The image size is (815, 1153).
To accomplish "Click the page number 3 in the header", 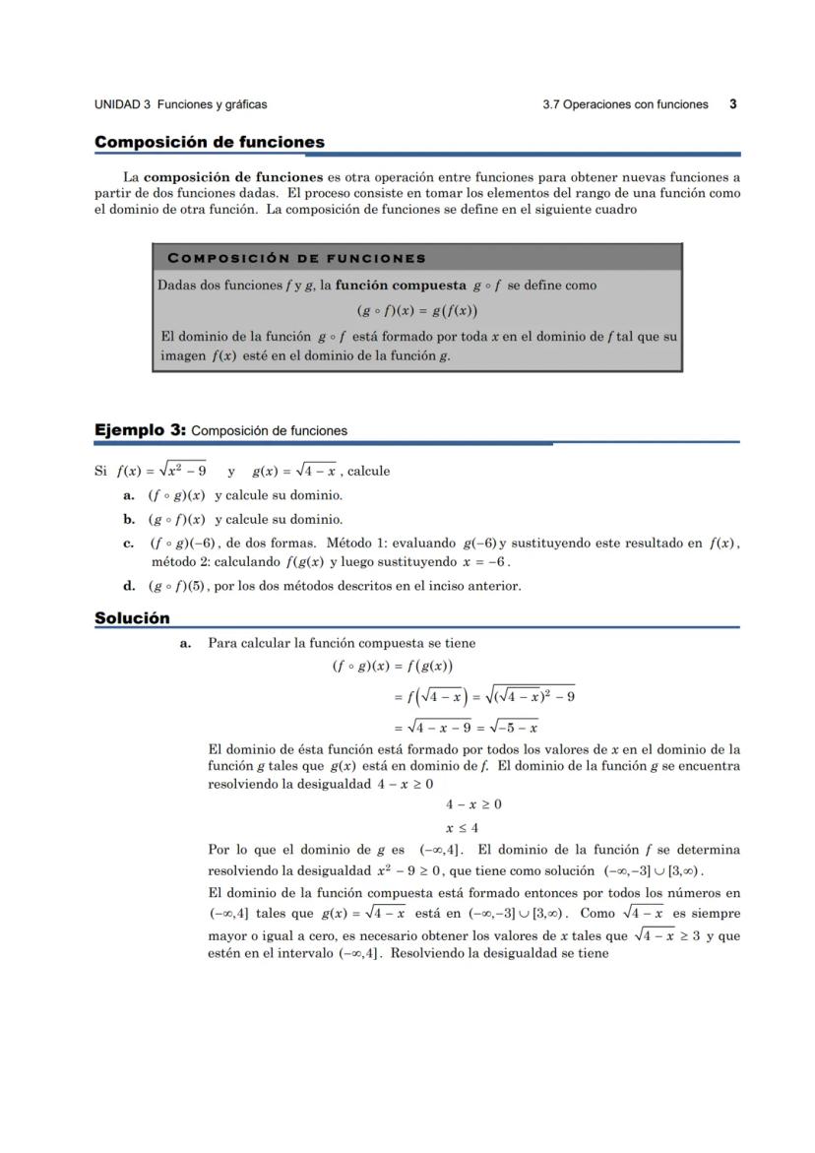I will [x=733, y=103].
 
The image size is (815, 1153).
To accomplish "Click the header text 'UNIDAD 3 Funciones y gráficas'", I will [x=180, y=104].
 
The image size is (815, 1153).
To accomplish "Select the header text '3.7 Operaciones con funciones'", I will [x=625, y=104].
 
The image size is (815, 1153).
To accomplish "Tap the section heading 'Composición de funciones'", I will [x=209, y=143].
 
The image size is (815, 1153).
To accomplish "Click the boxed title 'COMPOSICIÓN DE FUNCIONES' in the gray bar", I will [x=297, y=258].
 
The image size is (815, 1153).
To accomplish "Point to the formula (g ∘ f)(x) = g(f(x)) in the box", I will [x=416, y=311].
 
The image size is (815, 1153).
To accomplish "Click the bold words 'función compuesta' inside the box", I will [x=401, y=286].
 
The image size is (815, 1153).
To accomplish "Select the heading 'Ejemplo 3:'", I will [x=140, y=430].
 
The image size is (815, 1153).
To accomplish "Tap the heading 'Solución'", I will [x=132, y=618].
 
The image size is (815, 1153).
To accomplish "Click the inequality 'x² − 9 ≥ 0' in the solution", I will [x=408, y=871].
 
